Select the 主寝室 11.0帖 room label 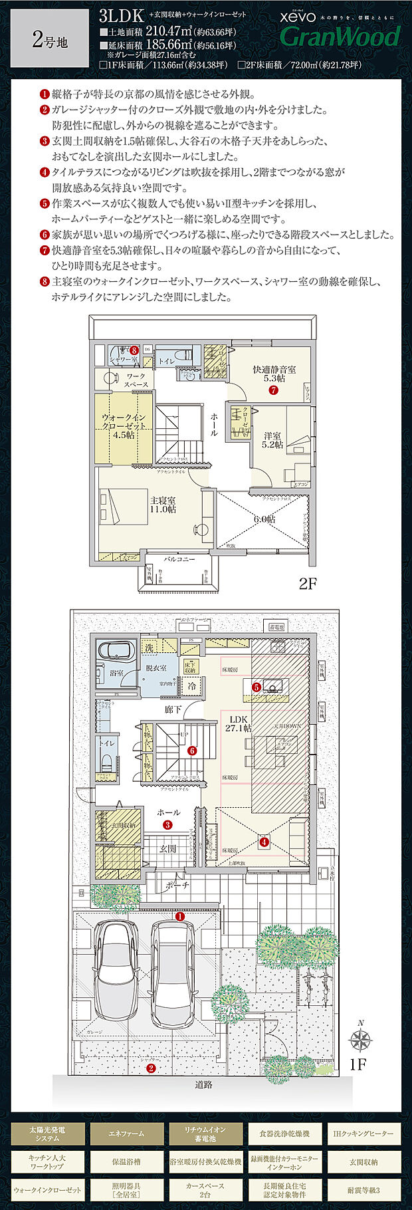tap(163, 504)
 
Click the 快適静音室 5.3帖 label tap(274, 374)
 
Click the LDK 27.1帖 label tap(236, 723)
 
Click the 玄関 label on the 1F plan tap(167, 849)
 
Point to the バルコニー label tap(179, 560)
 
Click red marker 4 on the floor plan tap(264, 842)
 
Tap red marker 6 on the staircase tap(192, 751)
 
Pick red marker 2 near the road tap(151, 1068)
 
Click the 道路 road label tap(204, 1084)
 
